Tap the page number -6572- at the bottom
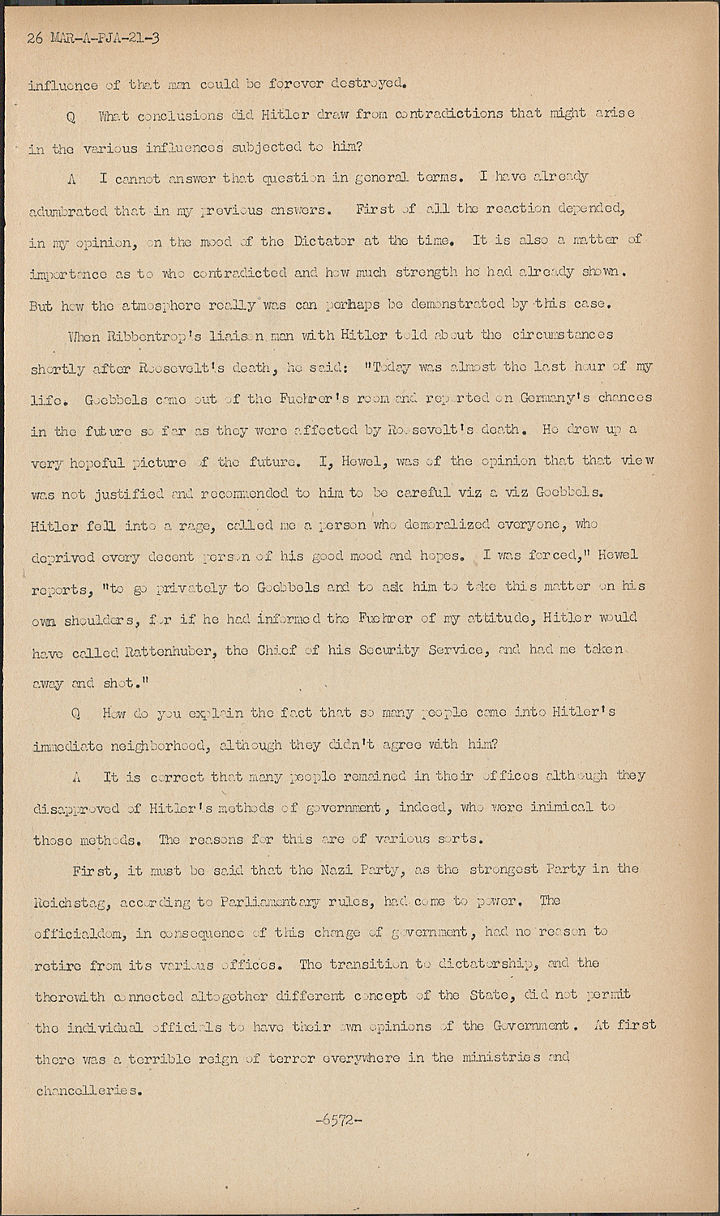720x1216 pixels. [339, 1120]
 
